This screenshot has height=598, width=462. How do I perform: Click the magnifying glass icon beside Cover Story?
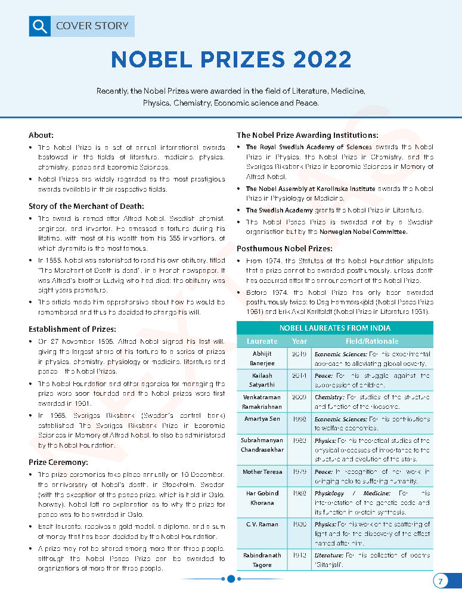coord(39,26)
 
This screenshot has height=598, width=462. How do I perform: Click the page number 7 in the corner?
coord(440,581)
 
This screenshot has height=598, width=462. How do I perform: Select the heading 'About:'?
coord(41,135)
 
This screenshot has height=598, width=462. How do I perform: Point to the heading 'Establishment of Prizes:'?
coord(72,328)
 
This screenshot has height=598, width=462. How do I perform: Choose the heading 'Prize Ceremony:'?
coord(58,462)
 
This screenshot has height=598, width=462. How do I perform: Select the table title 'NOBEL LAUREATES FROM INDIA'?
coord(334,328)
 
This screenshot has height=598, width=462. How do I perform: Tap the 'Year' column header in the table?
coord(299,341)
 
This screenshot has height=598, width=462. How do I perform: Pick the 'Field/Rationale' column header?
coord(372,341)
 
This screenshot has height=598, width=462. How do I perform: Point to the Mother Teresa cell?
coord(262,472)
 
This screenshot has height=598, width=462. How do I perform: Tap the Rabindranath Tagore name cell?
coord(262,560)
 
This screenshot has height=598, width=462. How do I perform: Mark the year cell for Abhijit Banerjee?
coord(299,354)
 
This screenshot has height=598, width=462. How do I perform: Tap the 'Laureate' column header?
coord(262,341)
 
